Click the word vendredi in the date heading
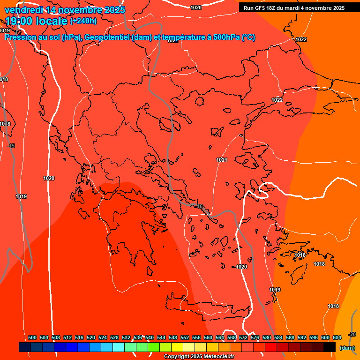(x=24, y=10)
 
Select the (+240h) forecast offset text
(x=83, y=21)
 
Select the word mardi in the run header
(x=300, y=8)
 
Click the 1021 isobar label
(x=222, y=160)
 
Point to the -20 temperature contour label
(x=352, y=334)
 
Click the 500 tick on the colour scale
(x=32, y=337)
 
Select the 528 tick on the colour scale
(x=114, y=337)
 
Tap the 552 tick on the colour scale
(x=185, y=337)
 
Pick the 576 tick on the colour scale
(x=255, y=337)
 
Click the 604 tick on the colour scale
(x=337, y=337)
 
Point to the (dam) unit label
(x=347, y=348)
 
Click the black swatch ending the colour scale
(x=330, y=347)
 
